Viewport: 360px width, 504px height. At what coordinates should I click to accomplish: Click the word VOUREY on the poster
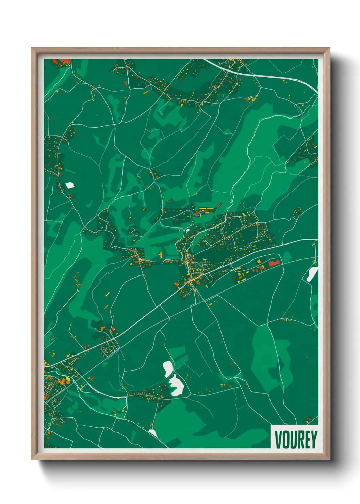point(295,440)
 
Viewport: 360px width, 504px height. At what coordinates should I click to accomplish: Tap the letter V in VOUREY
point(278,440)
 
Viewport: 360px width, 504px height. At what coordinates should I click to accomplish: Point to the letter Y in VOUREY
point(314,440)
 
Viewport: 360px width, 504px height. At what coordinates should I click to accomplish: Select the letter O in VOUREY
point(285,440)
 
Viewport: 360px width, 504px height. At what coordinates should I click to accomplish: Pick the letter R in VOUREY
point(299,440)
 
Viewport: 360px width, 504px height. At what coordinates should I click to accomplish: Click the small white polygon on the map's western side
point(70,185)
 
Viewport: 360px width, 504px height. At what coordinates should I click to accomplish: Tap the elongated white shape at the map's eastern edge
point(312,273)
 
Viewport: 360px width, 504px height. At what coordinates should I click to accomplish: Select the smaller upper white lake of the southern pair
point(167,368)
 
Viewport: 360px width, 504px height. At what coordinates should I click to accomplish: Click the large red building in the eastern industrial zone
point(274,263)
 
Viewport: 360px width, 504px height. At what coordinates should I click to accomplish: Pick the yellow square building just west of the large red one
point(259,262)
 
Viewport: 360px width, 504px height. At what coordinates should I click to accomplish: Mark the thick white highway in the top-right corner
point(272,76)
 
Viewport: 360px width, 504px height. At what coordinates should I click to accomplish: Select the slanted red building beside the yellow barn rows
point(218,205)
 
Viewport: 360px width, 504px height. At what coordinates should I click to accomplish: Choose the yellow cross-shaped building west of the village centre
point(161,254)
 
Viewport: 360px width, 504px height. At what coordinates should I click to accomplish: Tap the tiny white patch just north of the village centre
point(187,230)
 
